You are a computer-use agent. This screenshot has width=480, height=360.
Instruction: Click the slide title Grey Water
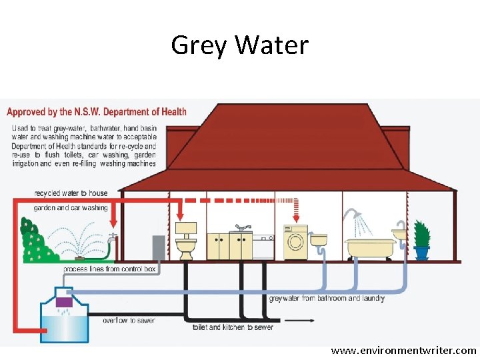pos(240,45)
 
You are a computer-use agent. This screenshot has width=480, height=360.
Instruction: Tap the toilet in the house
pos(185,242)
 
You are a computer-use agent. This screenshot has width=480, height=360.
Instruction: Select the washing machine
pos(295,243)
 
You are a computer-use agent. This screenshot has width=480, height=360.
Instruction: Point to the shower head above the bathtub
pos(350,215)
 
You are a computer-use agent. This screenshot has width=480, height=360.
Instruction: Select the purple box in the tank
pos(64,301)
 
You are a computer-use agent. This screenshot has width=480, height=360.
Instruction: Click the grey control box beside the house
pos(158,247)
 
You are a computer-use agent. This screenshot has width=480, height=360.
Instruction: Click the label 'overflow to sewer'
pos(129,321)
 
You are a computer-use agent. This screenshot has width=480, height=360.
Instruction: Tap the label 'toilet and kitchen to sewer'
pos(233,327)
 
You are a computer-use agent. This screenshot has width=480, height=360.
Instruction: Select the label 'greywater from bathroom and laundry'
pos(326,299)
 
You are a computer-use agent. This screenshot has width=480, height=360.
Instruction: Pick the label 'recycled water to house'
pos(71,193)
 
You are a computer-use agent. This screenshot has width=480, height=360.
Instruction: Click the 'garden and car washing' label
pos(71,208)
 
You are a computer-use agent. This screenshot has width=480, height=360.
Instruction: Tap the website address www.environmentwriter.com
pos(404,350)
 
